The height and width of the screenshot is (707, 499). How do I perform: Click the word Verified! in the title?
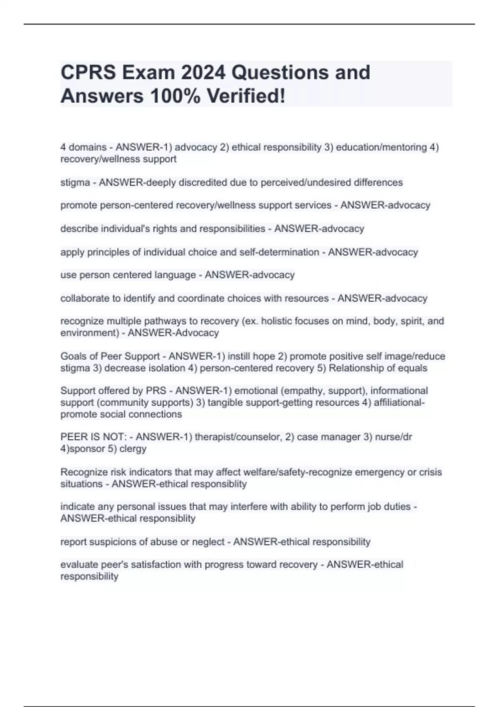246,96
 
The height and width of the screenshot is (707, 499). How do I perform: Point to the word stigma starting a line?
75,183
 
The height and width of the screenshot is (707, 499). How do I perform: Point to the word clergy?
133,449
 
